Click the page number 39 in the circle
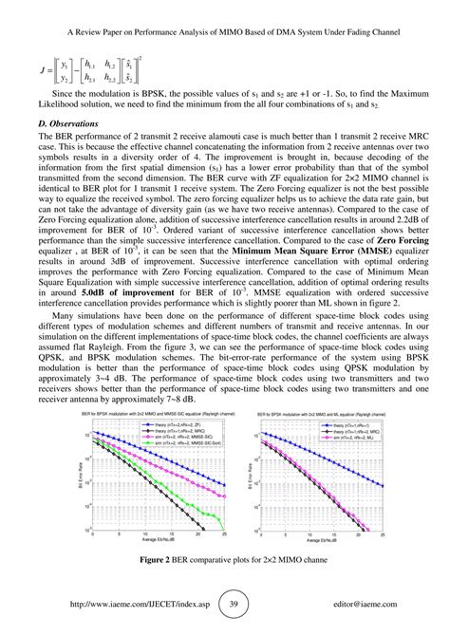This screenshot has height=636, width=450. pyautogui.click(x=225, y=604)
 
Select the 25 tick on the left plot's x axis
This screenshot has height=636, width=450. pyautogui.click(x=220, y=535)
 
